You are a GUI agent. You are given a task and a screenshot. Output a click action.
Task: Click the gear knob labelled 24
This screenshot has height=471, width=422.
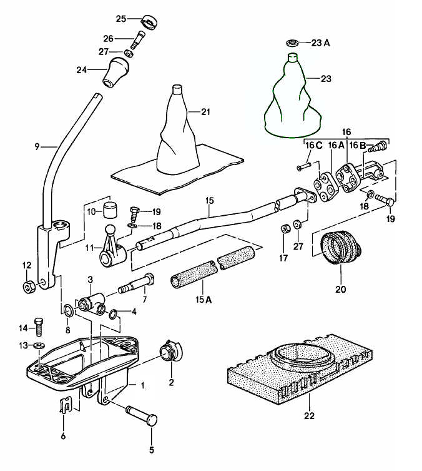(116, 71)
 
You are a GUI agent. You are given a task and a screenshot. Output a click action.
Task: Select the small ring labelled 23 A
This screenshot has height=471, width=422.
(292, 43)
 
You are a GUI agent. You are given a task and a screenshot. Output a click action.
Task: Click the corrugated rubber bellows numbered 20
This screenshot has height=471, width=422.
(341, 250)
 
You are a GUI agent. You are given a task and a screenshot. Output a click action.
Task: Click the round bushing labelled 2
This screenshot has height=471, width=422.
(169, 352)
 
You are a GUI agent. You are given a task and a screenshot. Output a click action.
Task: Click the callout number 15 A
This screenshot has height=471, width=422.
(204, 300)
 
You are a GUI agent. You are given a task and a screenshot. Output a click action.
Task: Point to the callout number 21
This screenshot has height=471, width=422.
(206, 112)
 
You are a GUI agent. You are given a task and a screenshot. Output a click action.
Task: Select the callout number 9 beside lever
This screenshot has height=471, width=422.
(37, 146)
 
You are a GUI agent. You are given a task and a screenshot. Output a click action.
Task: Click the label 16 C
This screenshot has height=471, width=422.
(313, 145)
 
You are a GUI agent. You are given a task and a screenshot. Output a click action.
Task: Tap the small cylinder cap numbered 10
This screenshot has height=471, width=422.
(110, 209)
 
